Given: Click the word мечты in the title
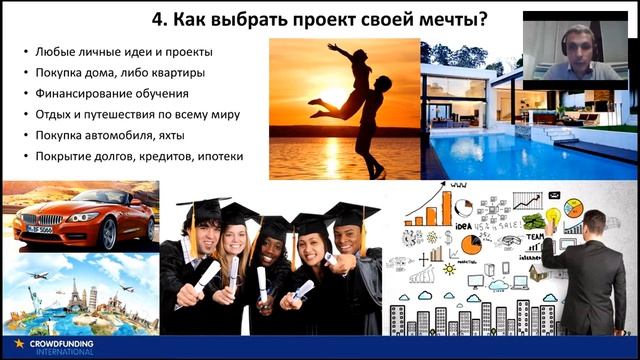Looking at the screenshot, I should [437, 18].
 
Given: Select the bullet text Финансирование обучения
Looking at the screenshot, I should [111, 93].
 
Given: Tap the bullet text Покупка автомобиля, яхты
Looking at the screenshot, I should [115, 135].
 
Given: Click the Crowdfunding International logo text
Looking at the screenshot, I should [61, 345].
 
